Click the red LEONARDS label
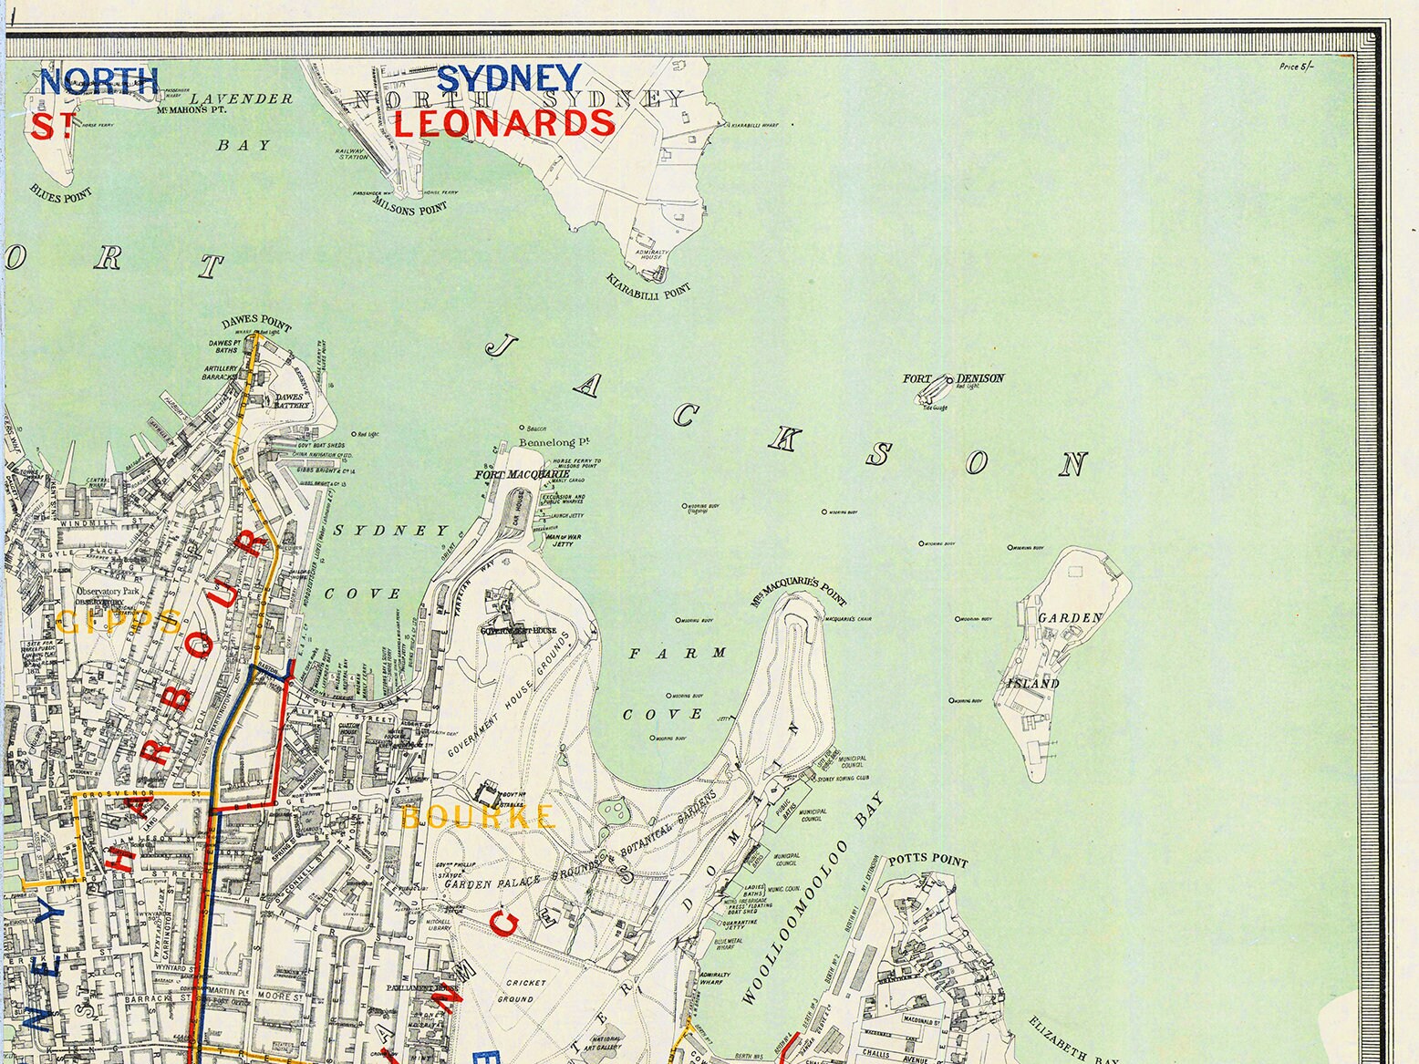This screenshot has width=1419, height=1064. click(504, 123)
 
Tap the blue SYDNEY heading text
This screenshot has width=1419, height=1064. click(509, 79)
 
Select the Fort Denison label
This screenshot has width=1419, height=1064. click(954, 378)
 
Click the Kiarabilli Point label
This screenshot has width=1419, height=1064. click(648, 287)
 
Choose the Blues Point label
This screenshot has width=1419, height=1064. click(61, 193)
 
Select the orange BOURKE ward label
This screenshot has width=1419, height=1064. click(478, 816)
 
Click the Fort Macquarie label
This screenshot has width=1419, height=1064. click(522, 475)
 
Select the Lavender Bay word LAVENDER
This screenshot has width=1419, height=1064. click(243, 98)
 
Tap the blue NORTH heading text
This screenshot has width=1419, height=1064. click(98, 81)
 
